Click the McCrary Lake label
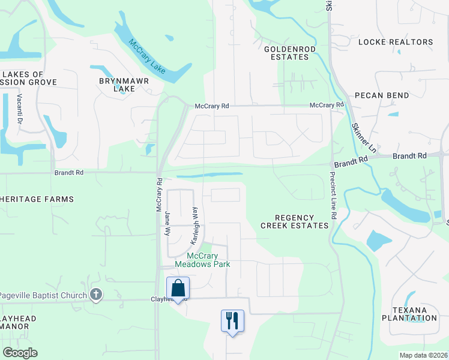tap(148, 57)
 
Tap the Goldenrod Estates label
tap(286, 53)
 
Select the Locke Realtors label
tap(395, 42)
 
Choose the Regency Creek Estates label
tap(295, 221)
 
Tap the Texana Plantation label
tap(414, 314)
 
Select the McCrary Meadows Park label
tap(202, 260)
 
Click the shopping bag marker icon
tap(178, 289)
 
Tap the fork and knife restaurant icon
tap(232, 320)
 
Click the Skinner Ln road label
tap(363, 137)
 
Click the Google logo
tap(20, 352)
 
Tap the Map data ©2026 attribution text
tap(423, 355)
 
